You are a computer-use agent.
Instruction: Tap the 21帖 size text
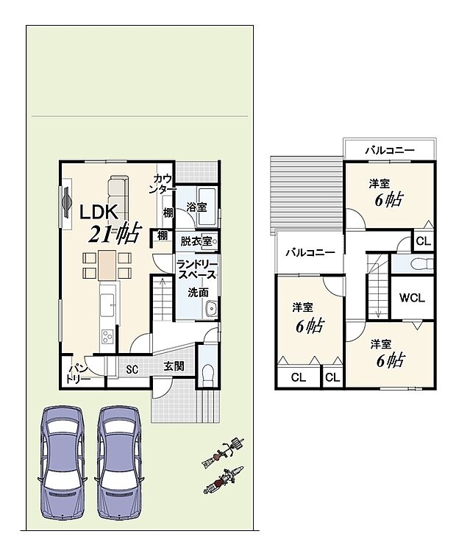[x=115, y=233]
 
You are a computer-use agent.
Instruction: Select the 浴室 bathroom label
[x=197, y=207]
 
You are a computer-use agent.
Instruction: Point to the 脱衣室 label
[x=196, y=241]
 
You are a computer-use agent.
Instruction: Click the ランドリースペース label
[x=196, y=270]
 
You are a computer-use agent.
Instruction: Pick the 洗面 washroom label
[x=198, y=293]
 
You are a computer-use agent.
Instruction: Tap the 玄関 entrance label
[x=174, y=366]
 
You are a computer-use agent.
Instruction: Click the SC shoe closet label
[x=132, y=369]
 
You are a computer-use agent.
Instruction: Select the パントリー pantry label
[x=78, y=374]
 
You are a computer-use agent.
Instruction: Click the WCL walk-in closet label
[x=412, y=298]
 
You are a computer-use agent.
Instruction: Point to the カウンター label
[x=163, y=184]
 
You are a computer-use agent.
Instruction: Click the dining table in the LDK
[x=107, y=265]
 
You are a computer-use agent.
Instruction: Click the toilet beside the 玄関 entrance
[x=207, y=376]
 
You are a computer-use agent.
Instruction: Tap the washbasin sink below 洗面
[x=212, y=309]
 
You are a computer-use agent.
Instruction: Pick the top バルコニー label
[x=390, y=150]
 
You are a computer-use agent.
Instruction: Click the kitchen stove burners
[x=107, y=336]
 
